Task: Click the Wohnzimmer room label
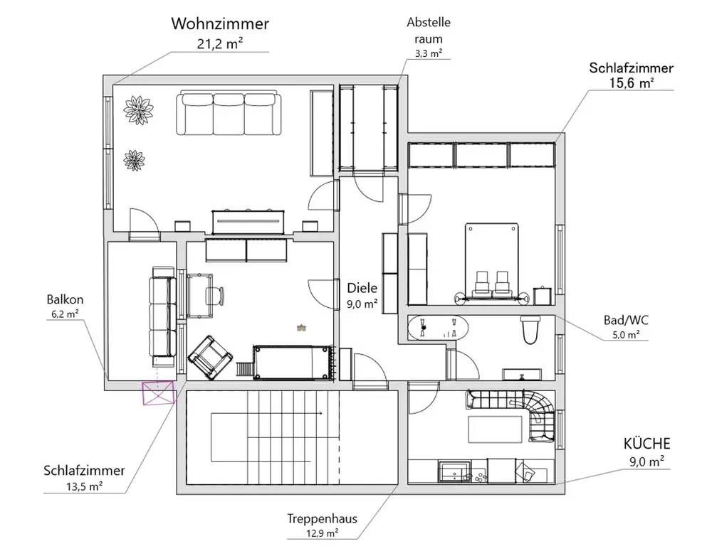220,24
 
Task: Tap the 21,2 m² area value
220,43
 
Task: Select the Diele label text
362,288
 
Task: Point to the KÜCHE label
646,444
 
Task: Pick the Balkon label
63,299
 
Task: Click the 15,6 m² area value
632,83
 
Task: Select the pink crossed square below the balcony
158,392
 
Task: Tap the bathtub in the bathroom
438,329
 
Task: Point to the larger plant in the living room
138,109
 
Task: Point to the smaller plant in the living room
134,159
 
